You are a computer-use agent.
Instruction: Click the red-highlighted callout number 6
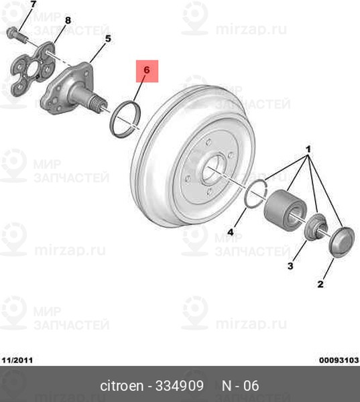147,70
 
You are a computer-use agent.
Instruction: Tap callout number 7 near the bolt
34,4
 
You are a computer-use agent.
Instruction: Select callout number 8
68,20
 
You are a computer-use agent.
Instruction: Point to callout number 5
108,39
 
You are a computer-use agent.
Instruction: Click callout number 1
308,149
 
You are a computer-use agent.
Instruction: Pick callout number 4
231,232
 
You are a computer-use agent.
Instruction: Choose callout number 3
290,266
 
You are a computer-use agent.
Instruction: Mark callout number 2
320,284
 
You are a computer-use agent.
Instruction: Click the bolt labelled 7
16,34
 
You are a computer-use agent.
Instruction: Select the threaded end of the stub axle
98,105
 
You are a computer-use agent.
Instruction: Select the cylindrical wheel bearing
286,210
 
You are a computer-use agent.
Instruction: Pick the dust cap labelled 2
341,241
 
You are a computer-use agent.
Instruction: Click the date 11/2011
17,360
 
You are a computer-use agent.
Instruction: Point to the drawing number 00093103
339,360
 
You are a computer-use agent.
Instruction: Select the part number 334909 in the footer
180,386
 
